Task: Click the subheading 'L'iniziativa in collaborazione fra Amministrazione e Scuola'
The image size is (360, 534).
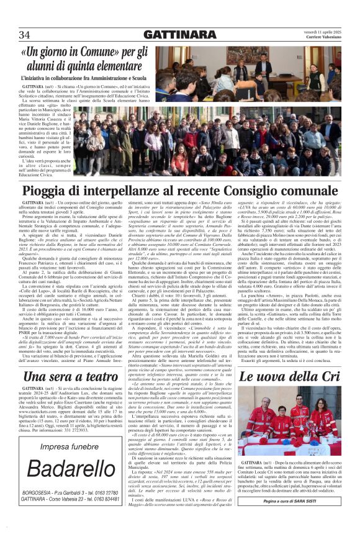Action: click(x=96, y=78)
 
